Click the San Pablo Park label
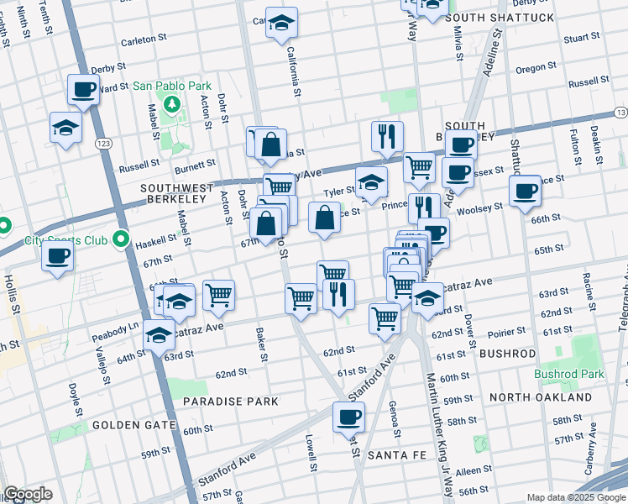[x=171, y=86]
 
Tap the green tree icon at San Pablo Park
[x=172, y=104]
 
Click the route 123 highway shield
[x=104, y=144]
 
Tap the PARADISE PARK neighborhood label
[x=232, y=402]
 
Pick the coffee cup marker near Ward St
[x=84, y=89]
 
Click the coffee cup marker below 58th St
[x=348, y=417]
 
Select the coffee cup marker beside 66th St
[x=525, y=191]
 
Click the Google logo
[x=28, y=494]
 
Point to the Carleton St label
[x=139, y=39]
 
